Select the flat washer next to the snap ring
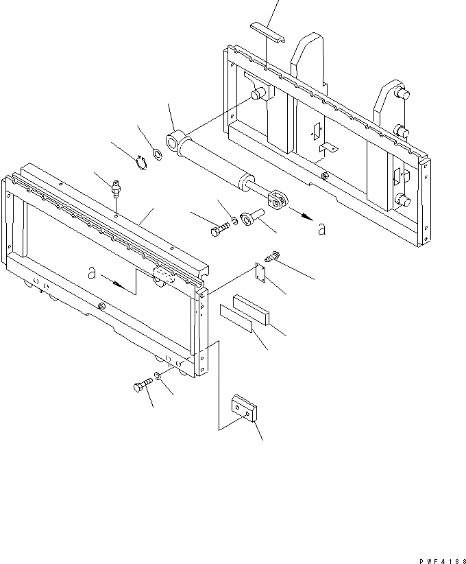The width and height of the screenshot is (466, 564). (156, 154)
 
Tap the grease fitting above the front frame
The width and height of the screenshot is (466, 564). (116, 187)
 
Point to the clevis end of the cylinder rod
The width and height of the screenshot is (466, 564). (278, 200)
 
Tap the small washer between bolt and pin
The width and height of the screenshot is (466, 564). (234, 221)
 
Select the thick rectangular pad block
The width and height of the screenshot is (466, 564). (251, 308)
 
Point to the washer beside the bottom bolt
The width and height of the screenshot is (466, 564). (158, 375)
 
